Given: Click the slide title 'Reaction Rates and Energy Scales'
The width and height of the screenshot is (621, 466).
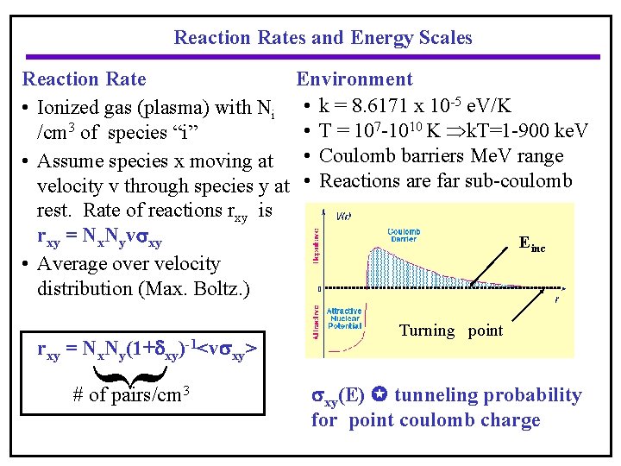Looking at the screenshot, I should (323, 38).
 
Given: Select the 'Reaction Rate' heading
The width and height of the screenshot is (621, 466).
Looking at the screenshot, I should (84, 79).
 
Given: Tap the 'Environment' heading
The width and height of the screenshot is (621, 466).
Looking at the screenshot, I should (354, 79).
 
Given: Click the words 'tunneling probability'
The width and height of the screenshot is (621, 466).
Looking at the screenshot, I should (488, 395).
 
